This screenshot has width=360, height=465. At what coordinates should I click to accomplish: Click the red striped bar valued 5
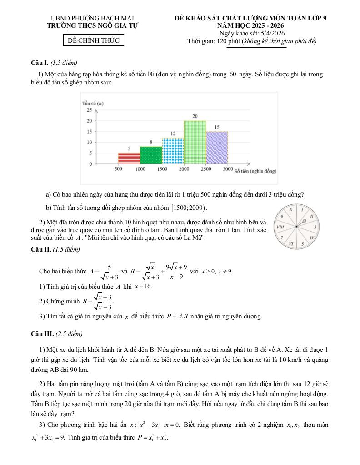tap(129, 158)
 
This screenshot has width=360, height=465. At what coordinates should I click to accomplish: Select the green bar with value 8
tap(151, 155)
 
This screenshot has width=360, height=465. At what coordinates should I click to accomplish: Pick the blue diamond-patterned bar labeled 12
tap(173, 151)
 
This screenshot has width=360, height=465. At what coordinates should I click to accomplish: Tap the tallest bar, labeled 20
tap(195, 142)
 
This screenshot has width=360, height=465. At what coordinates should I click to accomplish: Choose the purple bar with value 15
tap(217, 148)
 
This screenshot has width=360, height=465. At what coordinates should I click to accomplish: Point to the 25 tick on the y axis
tap(89, 110)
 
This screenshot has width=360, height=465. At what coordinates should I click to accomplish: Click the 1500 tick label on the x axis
tap(162, 169)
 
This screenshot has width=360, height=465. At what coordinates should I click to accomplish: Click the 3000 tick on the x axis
tap(228, 169)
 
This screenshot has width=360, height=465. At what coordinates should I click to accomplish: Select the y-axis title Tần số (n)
tap(93, 103)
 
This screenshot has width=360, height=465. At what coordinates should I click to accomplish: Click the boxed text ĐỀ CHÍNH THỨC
tap(93, 40)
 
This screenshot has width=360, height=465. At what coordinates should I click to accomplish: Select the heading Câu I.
tap(39, 63)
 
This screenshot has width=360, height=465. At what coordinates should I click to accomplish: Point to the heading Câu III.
tap(41, 334)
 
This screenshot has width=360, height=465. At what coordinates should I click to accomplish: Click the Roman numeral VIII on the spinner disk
tap(281, 226)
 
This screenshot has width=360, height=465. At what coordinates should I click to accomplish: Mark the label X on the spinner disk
tap(291, 210)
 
